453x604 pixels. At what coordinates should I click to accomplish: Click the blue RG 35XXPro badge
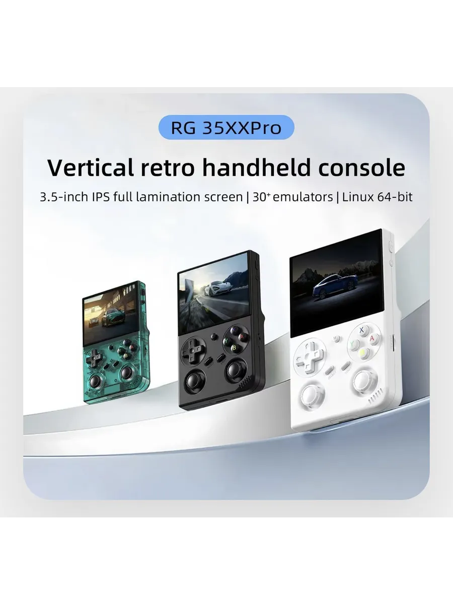(226, 127)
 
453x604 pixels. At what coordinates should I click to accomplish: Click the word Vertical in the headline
(91, 167)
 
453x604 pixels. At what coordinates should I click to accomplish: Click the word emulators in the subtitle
(303, 197)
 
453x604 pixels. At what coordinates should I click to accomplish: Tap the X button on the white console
(362, 331)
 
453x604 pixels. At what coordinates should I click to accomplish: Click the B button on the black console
(234, 349)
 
